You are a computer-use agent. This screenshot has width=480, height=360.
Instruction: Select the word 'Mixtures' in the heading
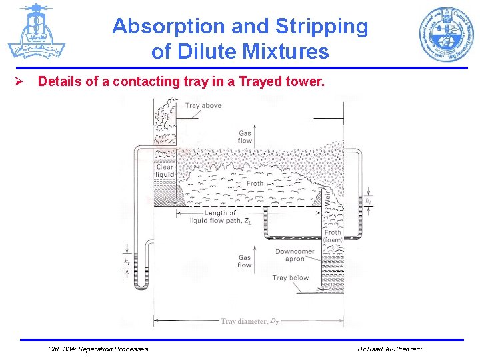tap(287, 51)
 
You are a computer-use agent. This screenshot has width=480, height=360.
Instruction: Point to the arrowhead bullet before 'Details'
tap(20, 82)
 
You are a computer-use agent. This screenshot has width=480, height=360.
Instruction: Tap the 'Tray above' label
tap(203, 105)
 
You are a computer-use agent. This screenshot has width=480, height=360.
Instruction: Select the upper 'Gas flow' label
tap(245, 137)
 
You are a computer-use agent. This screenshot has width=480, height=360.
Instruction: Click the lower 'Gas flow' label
tap(245, 261)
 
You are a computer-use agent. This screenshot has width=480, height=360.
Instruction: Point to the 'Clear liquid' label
tap(165, 171)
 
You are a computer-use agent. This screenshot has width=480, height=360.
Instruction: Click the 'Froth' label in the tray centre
tap(255, 183)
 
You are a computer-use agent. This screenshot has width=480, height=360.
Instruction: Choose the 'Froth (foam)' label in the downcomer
tap(332, 237)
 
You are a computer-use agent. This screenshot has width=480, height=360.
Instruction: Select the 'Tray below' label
tap(290, 278)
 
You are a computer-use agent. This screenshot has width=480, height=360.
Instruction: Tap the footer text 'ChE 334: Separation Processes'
tap(99, 349)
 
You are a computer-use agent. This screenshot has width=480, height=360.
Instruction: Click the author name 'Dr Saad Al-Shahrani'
tap(390, 349)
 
